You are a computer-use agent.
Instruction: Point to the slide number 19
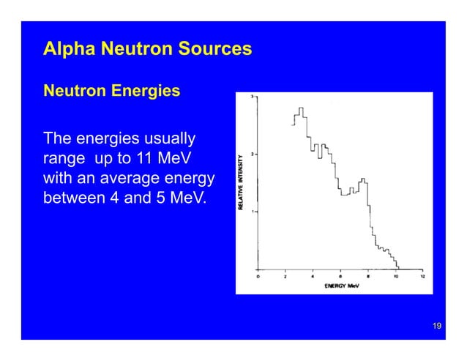pos(436,325)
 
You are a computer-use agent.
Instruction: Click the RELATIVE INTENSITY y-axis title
pos(242,182)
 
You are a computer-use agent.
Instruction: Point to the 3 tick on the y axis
pos(253,97)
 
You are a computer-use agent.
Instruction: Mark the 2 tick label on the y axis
pos(253,155)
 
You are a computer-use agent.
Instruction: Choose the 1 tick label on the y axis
pos(253,212)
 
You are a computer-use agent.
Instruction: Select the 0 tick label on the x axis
pos(258,277)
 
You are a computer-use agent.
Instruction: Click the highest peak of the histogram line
pos(300,108)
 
